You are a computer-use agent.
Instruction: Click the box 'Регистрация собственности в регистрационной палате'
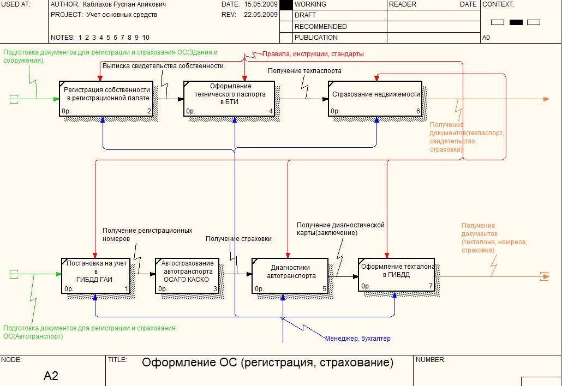tap(106, 98)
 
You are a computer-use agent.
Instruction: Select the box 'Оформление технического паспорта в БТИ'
tap(229, 98)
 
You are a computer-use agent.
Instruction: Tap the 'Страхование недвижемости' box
tap(375, 98)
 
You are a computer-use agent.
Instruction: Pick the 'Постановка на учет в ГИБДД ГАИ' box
tap(95, 275)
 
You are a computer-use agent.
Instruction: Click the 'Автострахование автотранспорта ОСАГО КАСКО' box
tap(187, 275)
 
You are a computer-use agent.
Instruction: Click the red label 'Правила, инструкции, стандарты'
tap(313, 54)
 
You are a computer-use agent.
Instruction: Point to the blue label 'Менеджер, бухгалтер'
tap(358, 339)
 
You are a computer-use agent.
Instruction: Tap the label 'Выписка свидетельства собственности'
tap(163, 66)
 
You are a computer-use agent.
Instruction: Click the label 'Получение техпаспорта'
tap(304, 71)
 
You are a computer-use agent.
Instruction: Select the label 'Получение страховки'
tap(238, 239)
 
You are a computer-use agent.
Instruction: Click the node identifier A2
tap(51, 376)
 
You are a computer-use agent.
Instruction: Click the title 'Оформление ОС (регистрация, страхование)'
tap(267, 363)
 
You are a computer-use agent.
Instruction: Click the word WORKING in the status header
tap(310, 4)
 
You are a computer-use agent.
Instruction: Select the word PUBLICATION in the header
tap(316, 38)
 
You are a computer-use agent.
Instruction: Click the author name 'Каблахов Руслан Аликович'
tap(125, 4)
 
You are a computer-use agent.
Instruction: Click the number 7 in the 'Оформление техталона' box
tap(430, 286)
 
